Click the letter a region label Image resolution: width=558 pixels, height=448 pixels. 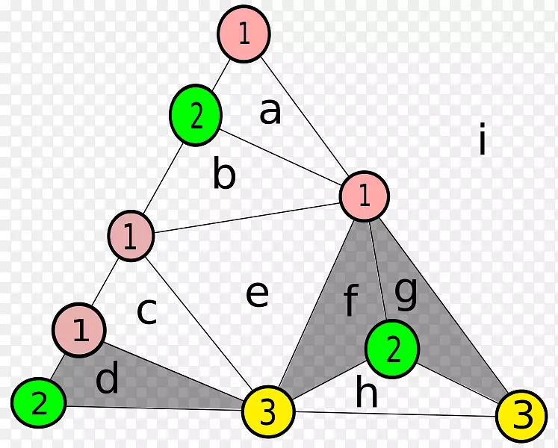coord(270,111)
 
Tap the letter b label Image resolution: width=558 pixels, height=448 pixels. coord(224,175)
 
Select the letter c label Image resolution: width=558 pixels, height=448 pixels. coord(146,311)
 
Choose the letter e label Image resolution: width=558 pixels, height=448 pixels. coord(257,294)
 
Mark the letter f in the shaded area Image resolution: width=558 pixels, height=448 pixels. coord(350,302)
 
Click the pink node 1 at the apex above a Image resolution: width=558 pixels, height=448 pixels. coord(244,34)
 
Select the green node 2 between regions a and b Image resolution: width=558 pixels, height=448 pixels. coord(196,116)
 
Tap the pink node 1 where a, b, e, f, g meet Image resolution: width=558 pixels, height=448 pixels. coord(365,196)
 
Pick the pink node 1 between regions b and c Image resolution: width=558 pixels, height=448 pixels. coord(131,236)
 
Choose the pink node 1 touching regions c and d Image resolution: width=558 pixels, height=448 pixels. coord(79,330)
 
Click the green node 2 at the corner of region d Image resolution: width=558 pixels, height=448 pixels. coord(39,403)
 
